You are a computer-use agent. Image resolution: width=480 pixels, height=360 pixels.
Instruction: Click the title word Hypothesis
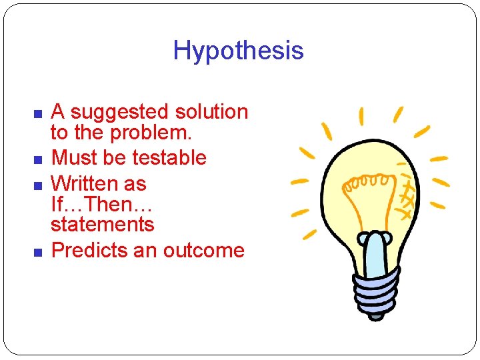click(x=238, y=51)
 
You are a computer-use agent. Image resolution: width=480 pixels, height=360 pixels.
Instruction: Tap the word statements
click(x=102, y=225)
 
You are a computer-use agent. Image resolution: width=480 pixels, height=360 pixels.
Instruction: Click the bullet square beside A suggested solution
click(x=38, y=113)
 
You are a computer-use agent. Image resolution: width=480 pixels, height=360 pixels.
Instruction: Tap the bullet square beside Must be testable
click(x=38, y=159)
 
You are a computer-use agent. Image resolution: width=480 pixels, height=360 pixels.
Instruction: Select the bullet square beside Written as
click(x=38, y=185)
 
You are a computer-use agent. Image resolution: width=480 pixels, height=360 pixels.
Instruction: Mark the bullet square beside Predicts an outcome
click(x=38, y=252)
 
